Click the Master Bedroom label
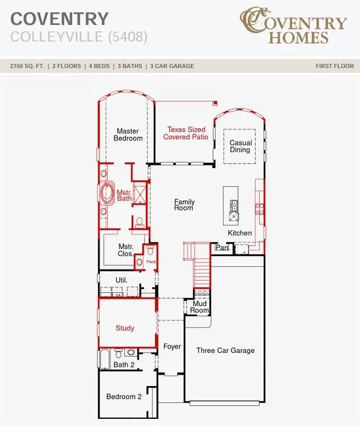click(x=128, y=134)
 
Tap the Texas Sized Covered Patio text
click(x=186, y=133)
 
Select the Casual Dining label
click(x=241, y=146)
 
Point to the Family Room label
click(x=184, y=205)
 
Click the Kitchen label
click(x=239, y=233)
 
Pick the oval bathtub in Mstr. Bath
click(x=107, y=193)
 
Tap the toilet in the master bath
click(x=140, y=222)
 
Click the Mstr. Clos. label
click(x=125, y=250)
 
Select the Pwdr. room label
click(x=151, y=262)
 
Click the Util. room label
click(x=122, y=280)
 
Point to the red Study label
click(x=125, y=328)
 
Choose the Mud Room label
click(x=200, y=307)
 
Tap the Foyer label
click(x=172, y=347)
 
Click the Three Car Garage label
click(x=226, y=350)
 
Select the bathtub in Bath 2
click(x=104, y=359)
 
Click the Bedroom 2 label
click(x=124, y=397)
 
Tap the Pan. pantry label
click(x=222, y=248)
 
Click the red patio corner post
click(x=216, y=103)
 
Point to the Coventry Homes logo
click(x=294, y=26)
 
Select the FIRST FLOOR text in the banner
click(x=335, y=66)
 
